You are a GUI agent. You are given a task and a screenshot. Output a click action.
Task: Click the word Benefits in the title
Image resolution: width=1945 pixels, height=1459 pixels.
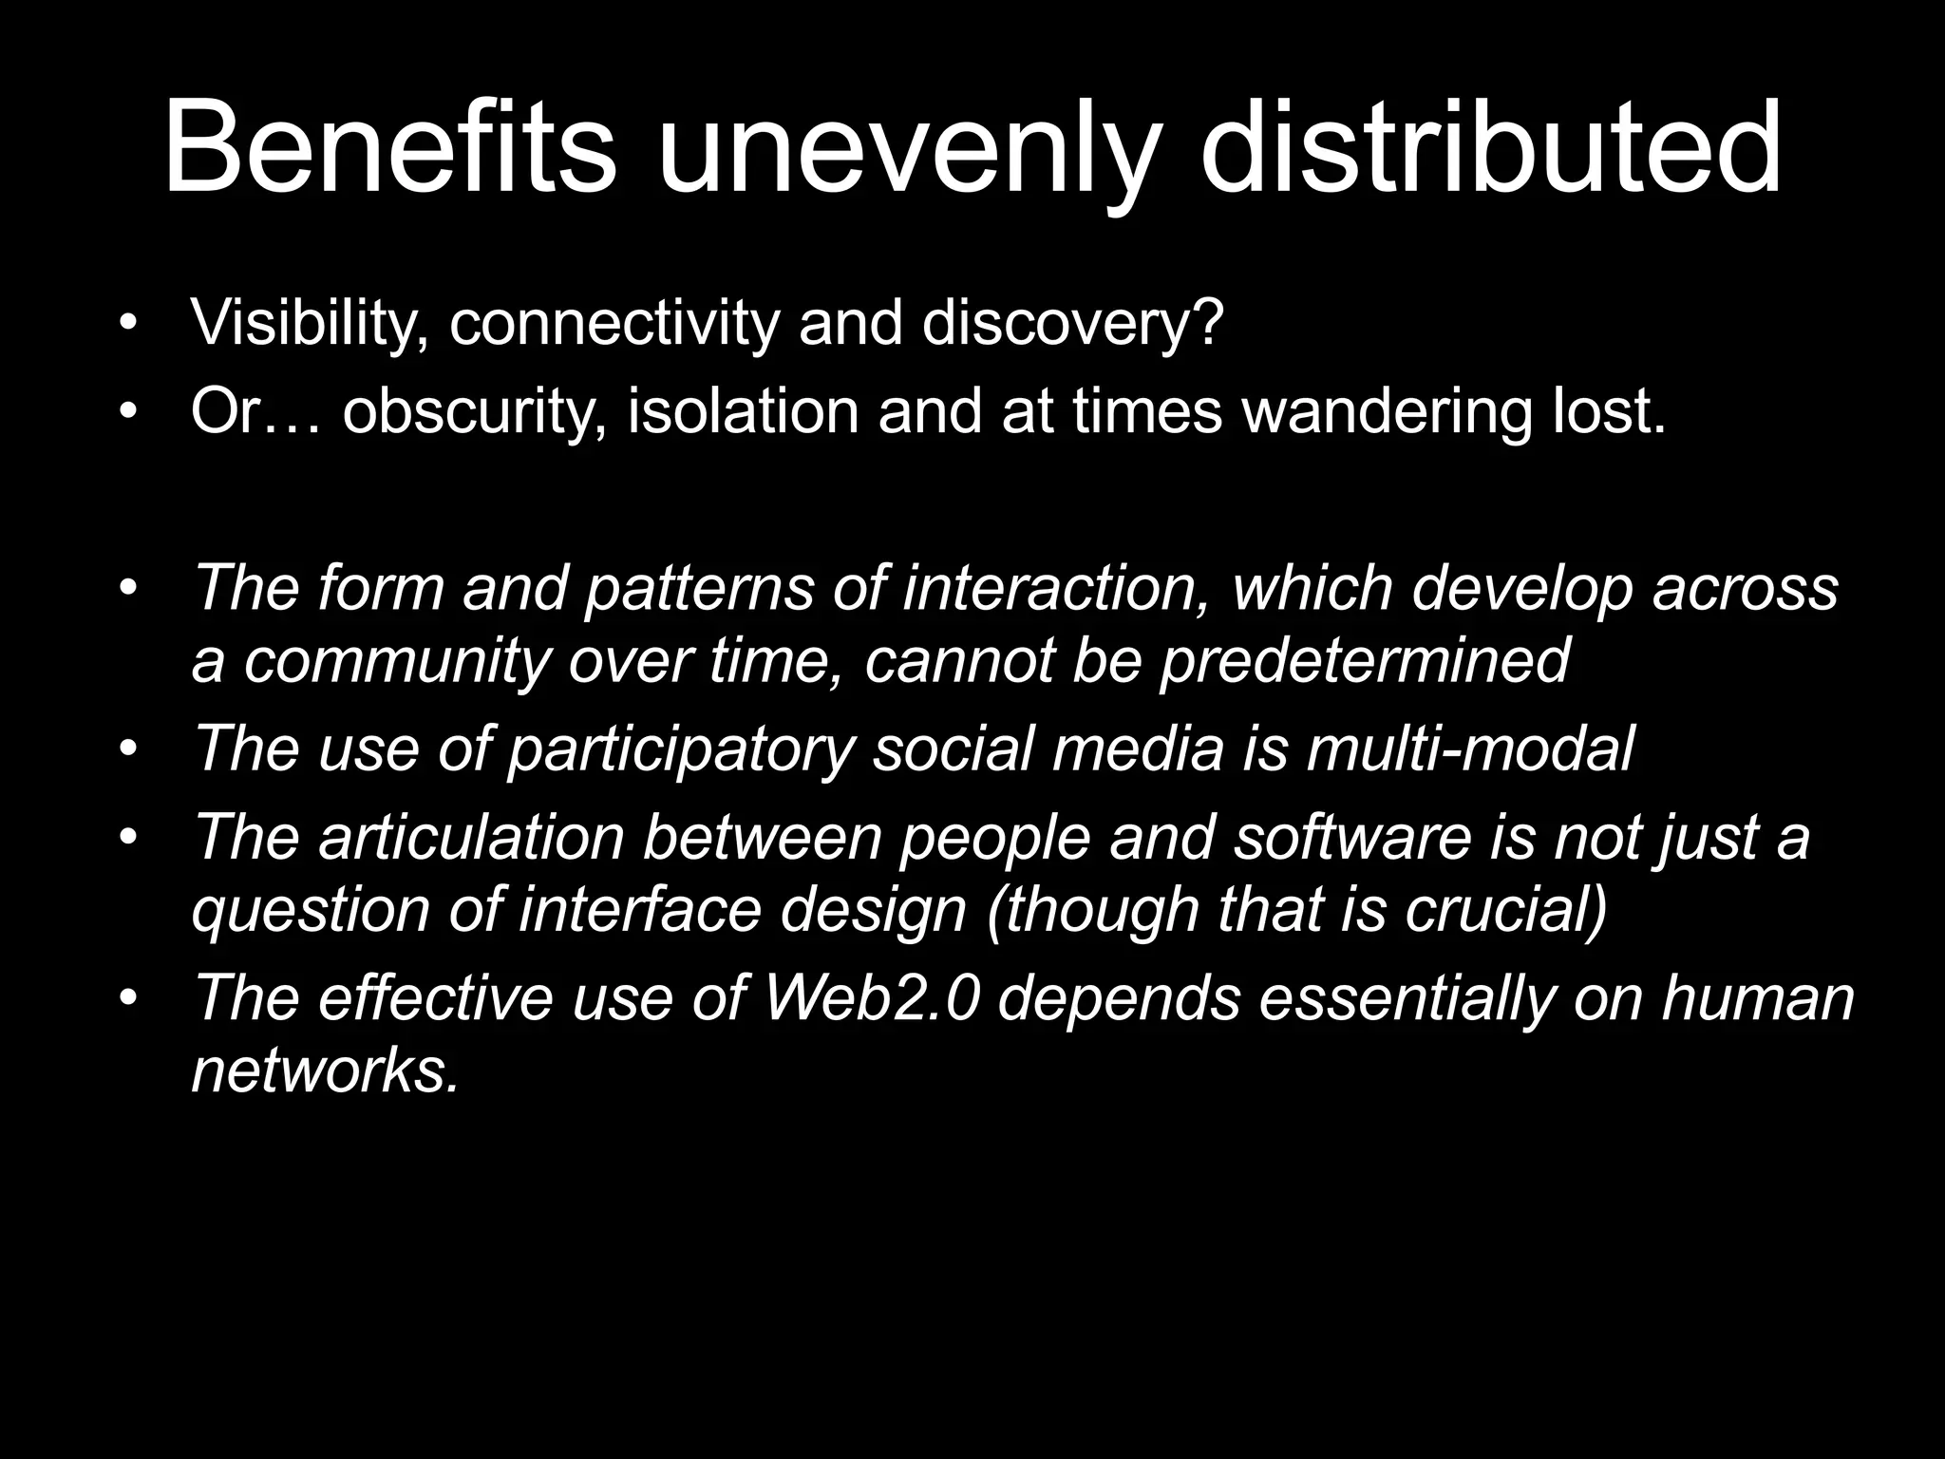[389, 150]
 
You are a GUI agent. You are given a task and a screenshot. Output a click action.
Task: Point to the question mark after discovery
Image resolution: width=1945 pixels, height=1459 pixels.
[1206, 323]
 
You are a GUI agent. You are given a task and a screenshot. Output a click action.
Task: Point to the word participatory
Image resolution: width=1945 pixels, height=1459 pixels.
[680, 750]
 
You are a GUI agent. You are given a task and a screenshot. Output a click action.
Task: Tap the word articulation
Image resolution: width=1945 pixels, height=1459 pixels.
[471, 838]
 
